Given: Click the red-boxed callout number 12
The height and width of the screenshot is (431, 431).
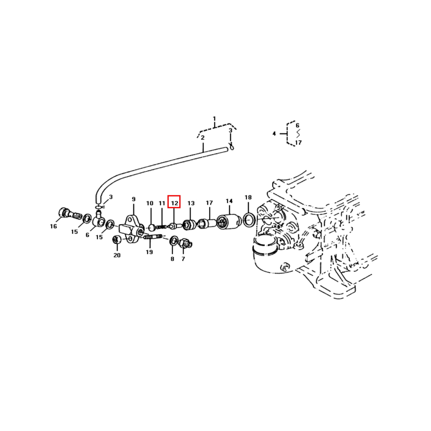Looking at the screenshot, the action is (175, 203).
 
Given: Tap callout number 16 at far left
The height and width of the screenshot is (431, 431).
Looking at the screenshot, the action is (53, 226).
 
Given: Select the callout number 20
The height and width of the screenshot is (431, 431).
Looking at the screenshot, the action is (117, 255).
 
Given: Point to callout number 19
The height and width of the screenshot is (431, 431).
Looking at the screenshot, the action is (149, 252).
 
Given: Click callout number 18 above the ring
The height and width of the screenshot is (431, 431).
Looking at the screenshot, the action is (248, 197).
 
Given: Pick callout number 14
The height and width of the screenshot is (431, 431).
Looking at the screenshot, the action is (229, 201).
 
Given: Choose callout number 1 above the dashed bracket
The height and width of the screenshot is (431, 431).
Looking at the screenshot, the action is (214, 119).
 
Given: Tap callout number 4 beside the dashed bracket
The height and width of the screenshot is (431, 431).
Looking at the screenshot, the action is (274, 133).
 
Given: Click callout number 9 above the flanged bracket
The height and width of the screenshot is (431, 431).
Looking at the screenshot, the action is (133, 199).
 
